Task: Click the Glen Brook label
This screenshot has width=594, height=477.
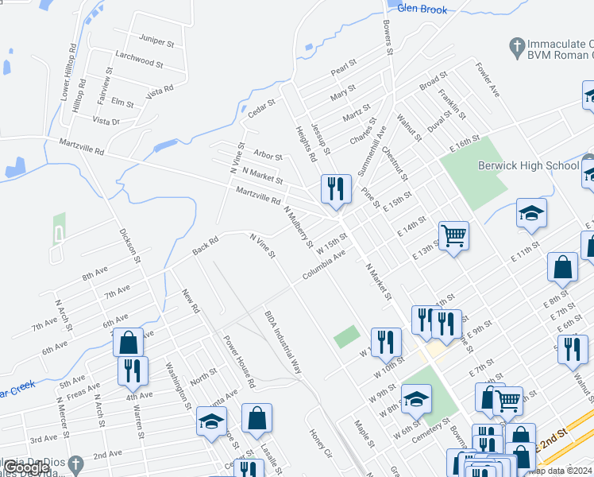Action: [x=422, y=10]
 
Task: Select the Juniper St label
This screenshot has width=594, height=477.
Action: [x=156, y=38]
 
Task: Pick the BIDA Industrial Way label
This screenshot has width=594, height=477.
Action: [x=284, y=342]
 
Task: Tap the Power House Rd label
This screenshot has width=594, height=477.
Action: [x=238, y=361]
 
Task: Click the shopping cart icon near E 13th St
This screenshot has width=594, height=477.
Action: [x=453, y=235]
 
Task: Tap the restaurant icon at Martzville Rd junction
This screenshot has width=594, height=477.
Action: [x=336, y=188]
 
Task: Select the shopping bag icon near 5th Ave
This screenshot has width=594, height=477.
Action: [x=128, y=343]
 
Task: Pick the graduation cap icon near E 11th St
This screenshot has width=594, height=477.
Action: [x=531, y=212]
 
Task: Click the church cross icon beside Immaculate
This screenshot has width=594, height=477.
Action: [x=516, y=45]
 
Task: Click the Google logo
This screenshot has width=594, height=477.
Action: [x=26, y=467]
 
